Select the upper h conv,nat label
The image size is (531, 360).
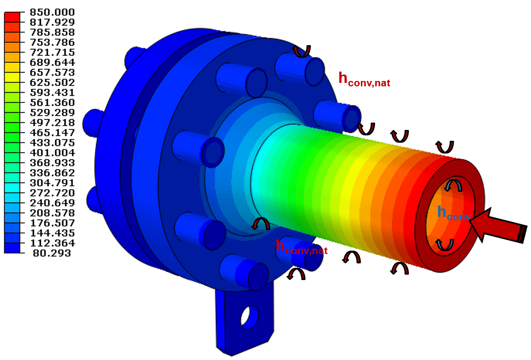coord(364,79)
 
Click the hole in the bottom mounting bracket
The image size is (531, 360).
coord(249,317)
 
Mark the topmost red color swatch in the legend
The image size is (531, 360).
coord(12,17)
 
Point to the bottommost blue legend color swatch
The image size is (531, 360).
coord(12,248)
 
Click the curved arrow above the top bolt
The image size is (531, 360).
coord(302,51)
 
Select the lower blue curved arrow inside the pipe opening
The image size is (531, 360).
coord(445,244)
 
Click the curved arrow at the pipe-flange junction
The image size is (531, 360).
coord(260,224)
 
